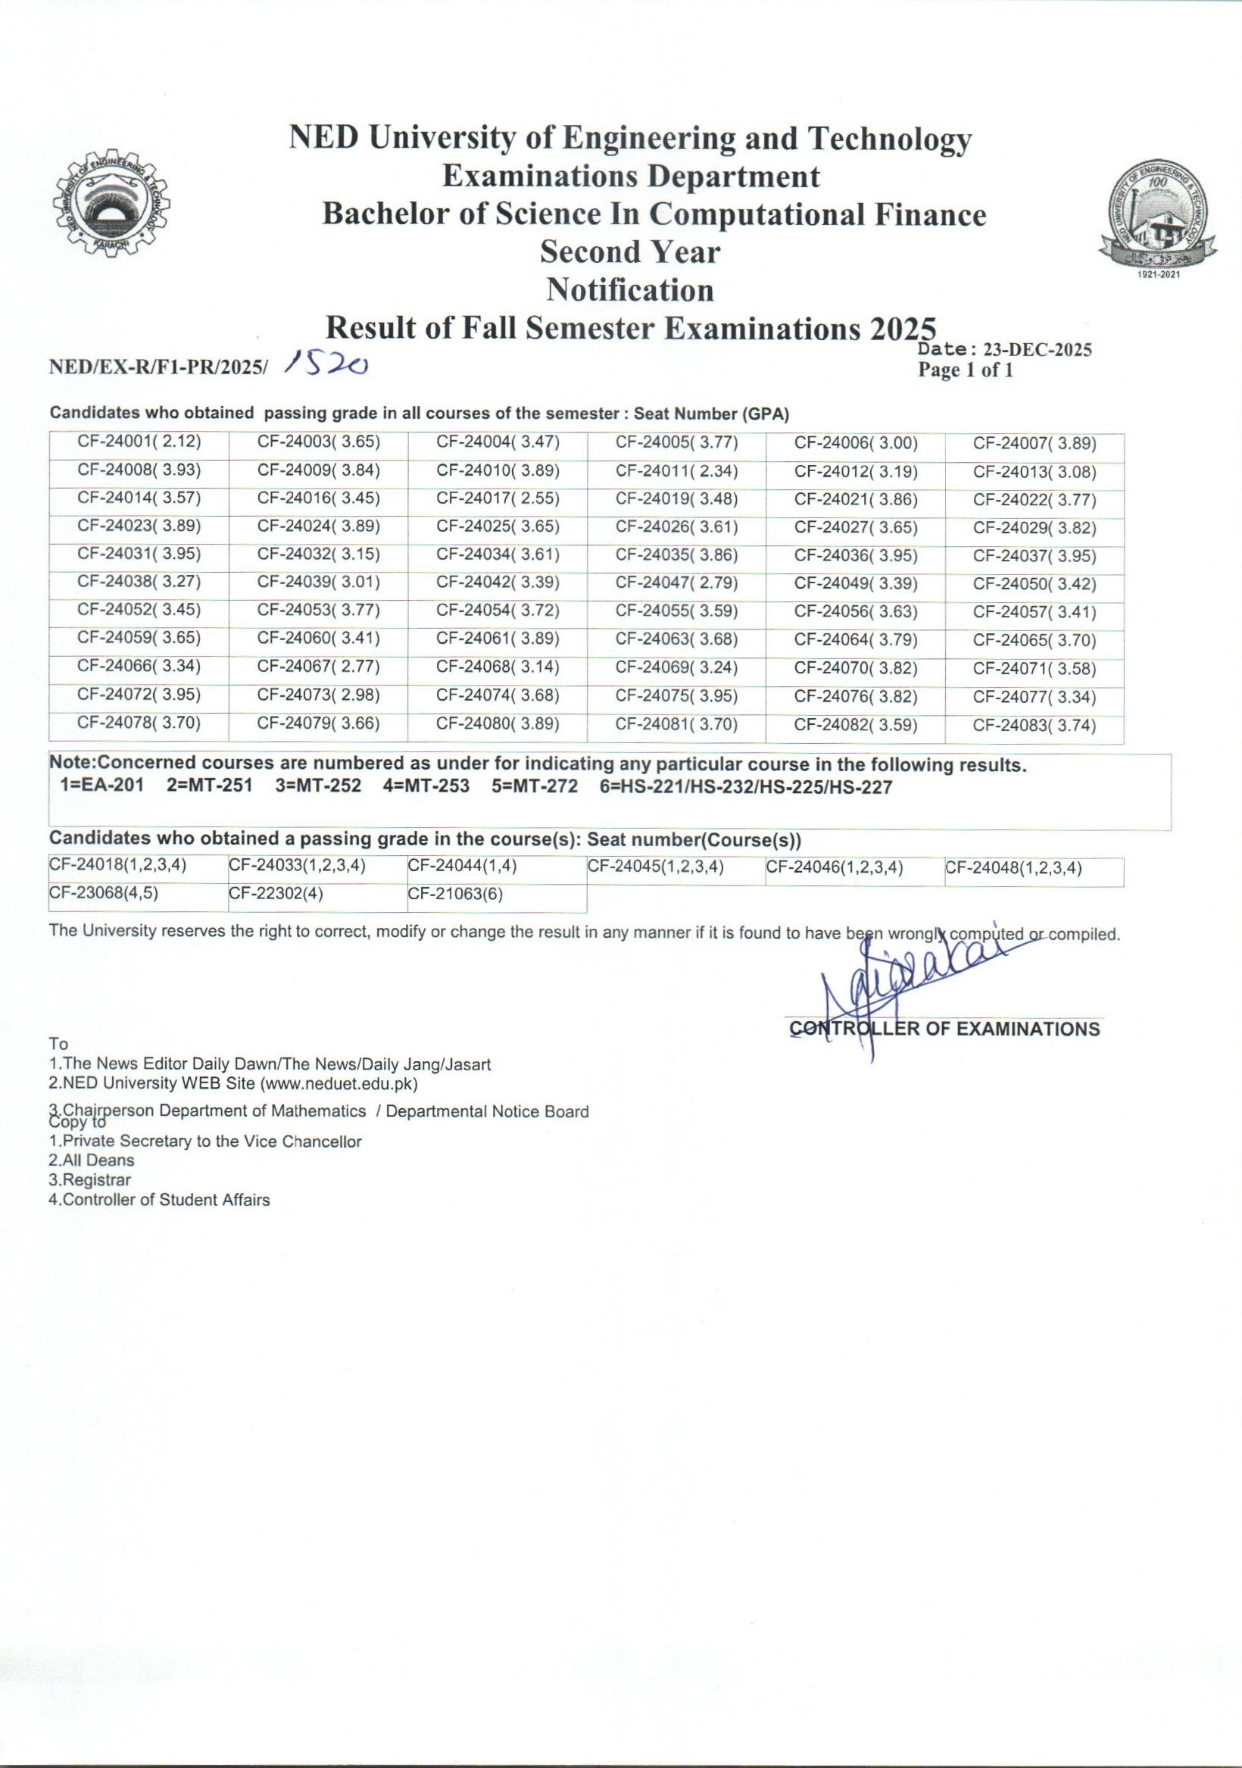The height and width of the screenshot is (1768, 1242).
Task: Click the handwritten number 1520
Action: (x=326, y=364)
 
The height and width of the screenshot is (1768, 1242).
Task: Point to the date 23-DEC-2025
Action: (x=1038, y=351)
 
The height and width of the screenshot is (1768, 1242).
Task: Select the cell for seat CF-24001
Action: (x=139, y=442)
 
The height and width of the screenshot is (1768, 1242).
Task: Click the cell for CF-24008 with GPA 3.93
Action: (x=139, y=470)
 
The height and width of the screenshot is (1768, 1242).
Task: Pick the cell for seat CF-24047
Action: (x=676, y=583)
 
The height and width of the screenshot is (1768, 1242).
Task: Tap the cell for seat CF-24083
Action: (x=1034, y=726)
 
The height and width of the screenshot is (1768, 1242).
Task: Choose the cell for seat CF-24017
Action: (x=498, y=498)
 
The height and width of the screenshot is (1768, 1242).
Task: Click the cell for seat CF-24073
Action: (x=319, y=695)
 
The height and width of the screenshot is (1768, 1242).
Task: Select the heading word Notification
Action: (x=630, y=290)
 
